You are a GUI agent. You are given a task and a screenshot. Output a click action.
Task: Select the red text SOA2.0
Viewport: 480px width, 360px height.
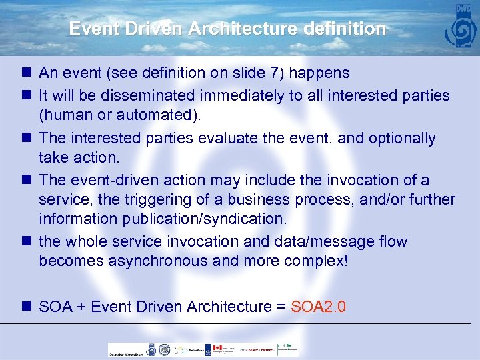319,307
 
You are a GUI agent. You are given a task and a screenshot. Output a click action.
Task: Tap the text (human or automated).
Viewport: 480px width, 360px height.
119,115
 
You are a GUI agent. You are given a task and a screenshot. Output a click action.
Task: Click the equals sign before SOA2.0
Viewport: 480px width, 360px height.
281,307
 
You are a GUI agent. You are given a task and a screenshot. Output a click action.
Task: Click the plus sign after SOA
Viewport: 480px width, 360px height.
82,307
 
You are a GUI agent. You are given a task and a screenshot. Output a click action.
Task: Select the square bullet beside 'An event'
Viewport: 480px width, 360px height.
26,73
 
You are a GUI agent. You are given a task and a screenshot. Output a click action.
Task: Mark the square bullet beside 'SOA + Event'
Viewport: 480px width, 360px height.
26,307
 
